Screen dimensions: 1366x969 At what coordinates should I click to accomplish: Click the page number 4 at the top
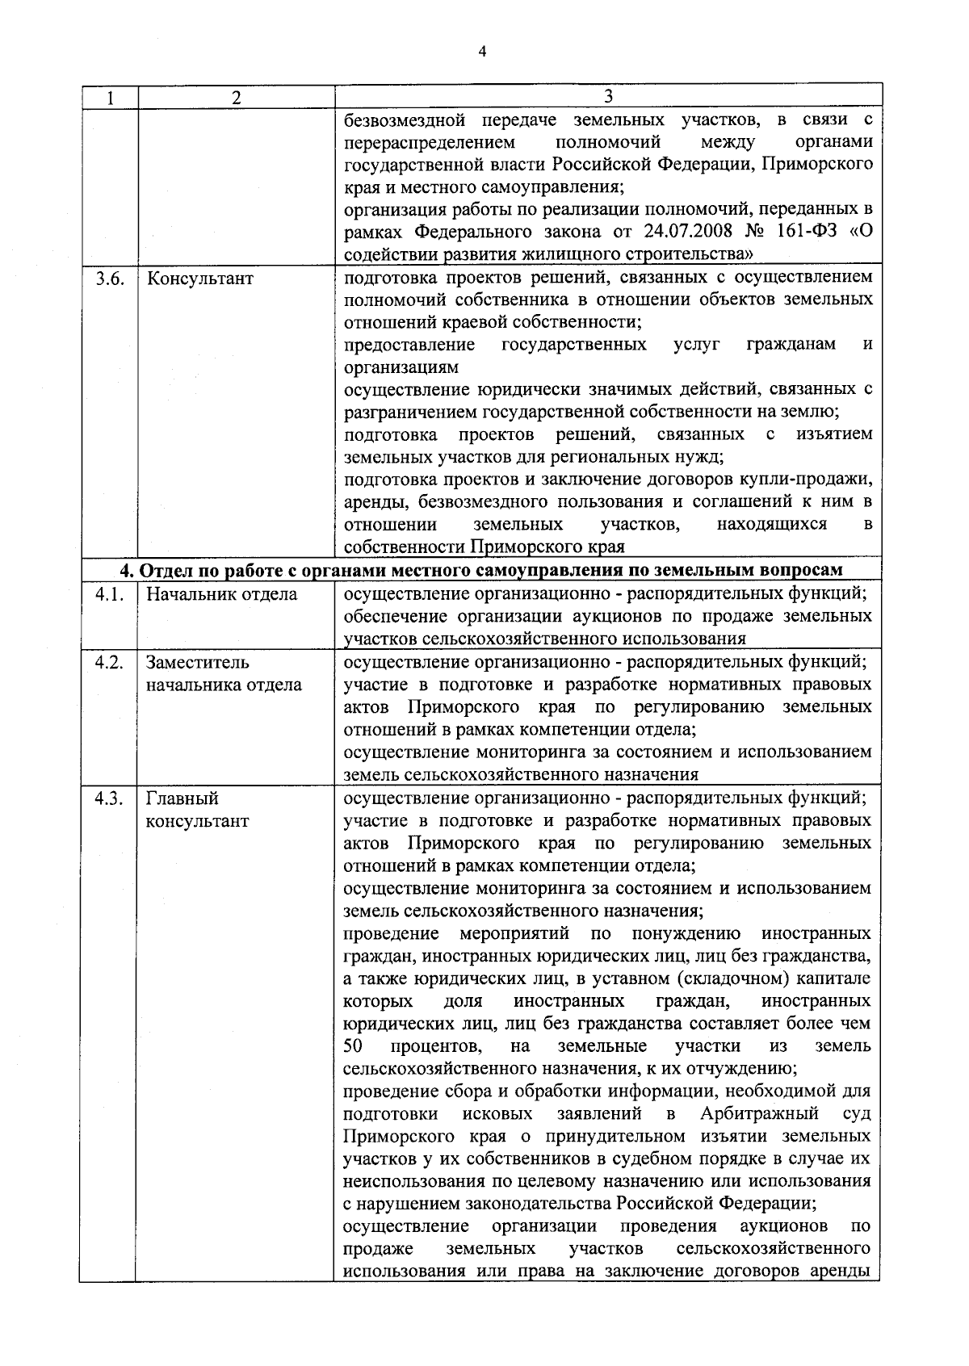click(482, 52)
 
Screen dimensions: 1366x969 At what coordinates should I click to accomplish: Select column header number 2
click(236, 98)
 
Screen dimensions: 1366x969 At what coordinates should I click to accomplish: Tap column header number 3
click(607, 96)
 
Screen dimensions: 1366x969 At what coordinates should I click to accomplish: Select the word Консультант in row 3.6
click(199, 279)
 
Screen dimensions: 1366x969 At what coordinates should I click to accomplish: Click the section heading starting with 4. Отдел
click(481, 570)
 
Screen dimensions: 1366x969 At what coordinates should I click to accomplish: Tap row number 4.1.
click(108, 595)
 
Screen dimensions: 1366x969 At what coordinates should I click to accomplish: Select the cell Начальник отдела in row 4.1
click(221, 595)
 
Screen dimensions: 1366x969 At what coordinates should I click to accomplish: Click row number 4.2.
click(108, 663)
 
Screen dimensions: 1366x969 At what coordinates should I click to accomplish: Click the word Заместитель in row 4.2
click(197, 663)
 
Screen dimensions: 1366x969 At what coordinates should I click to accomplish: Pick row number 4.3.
click(108, 798)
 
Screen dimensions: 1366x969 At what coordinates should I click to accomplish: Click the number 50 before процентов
click(353, 1046)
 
